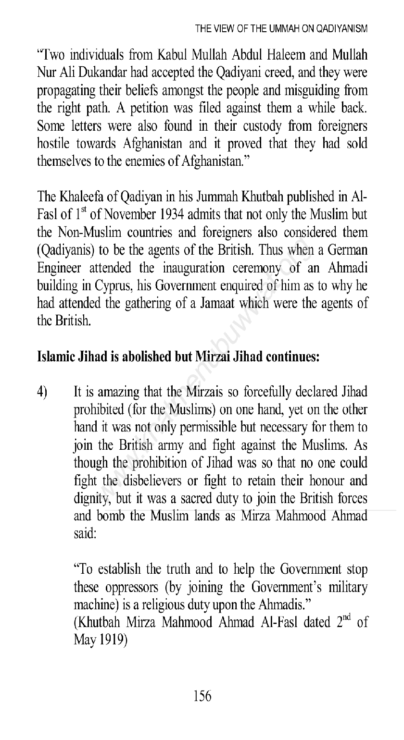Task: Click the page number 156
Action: click(202, 695)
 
